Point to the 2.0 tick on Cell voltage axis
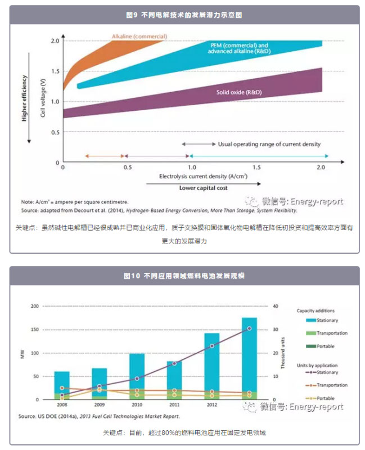(x=55, y=41)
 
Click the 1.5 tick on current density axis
(x=256, y=168)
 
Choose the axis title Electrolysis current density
(x=196, y=177)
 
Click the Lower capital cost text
(x=204, y=188)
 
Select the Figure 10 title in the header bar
(x=183, y=276)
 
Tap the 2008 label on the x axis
(x=62, y=404)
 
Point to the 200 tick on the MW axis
(x=36, y=306)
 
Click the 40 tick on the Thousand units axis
(x=275, y=306)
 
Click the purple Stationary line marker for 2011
(x=174, y=363)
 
